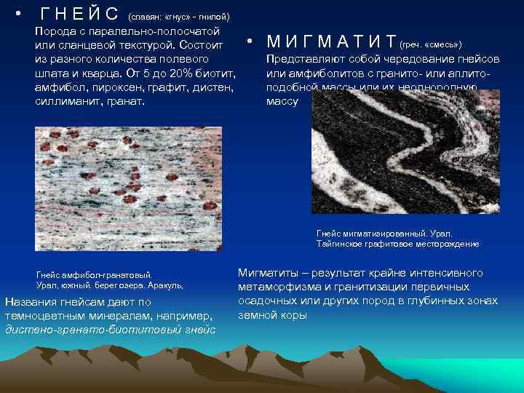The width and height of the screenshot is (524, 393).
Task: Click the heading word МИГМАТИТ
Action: coord(330,41)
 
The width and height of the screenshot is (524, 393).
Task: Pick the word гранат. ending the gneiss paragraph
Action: coord(126,100)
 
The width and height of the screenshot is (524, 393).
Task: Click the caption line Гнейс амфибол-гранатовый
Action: coord(94,275)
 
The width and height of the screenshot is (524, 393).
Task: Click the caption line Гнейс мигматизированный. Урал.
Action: coord(384,233)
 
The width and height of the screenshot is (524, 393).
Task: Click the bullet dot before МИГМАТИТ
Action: coord(249,41)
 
